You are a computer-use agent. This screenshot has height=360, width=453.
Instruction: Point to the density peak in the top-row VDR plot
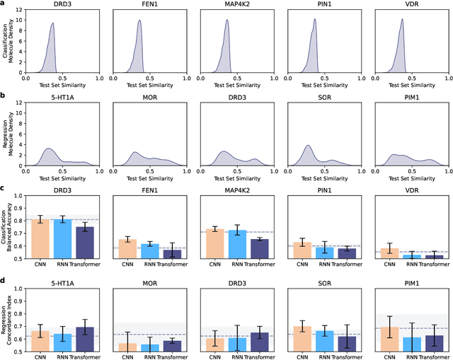tap(401, 20)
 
